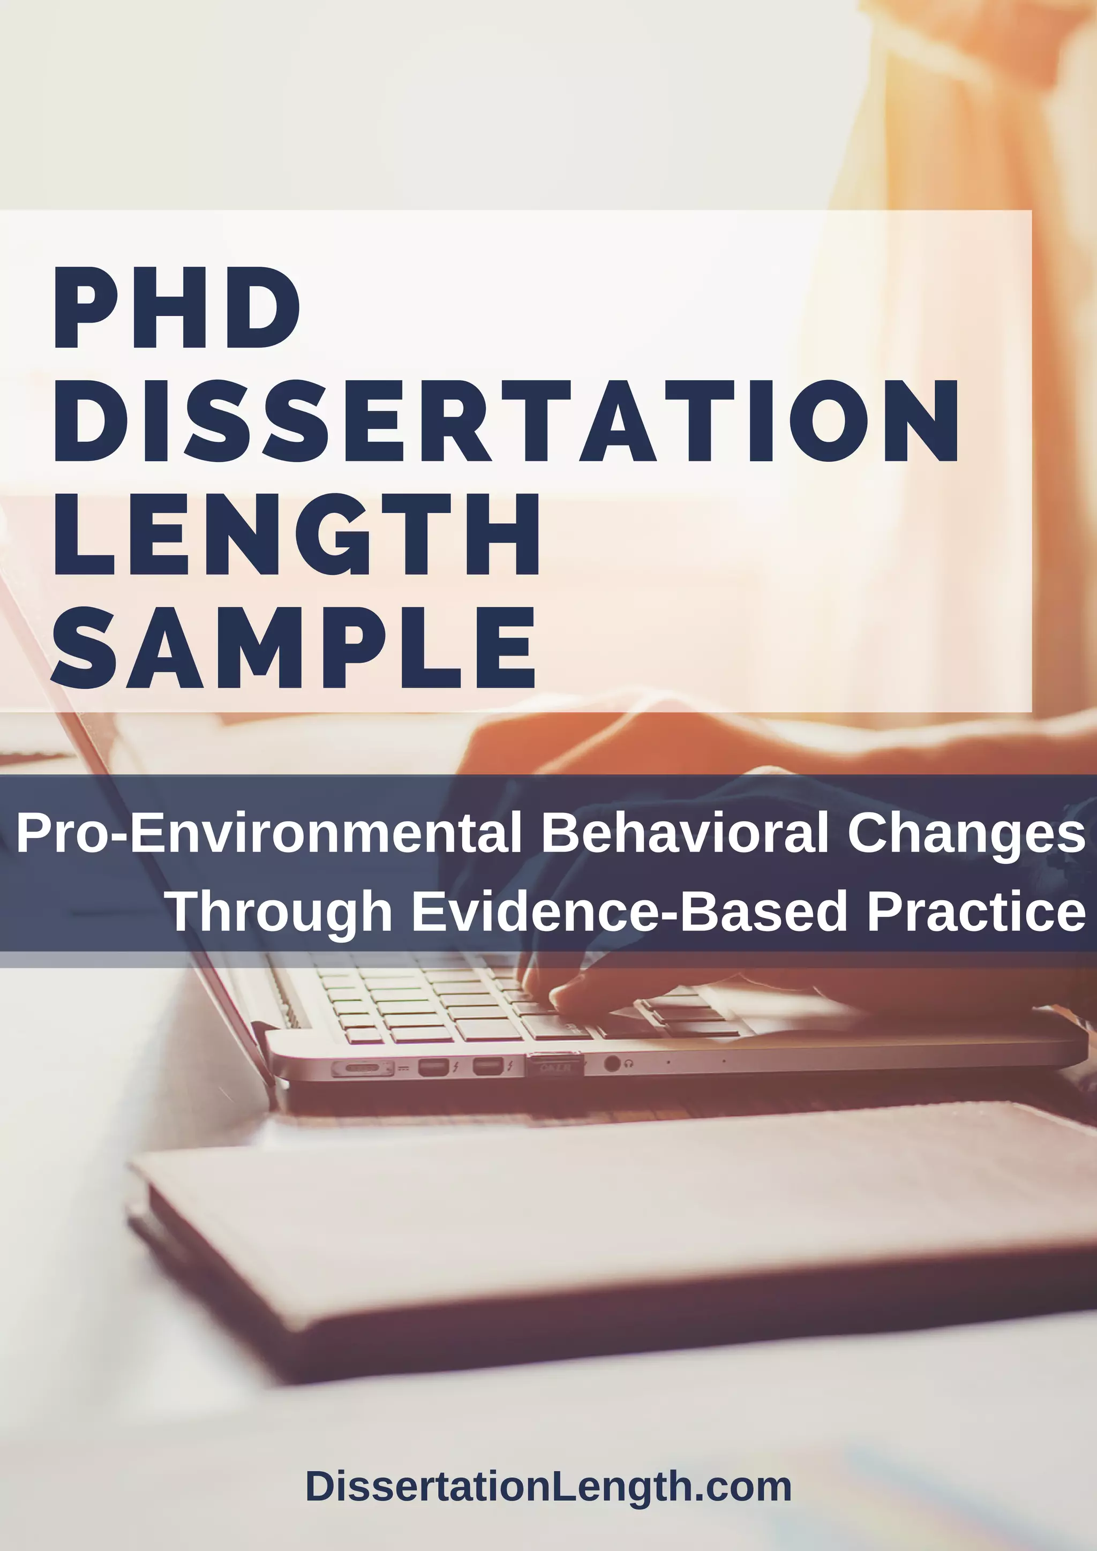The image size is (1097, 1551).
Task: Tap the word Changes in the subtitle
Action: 966,833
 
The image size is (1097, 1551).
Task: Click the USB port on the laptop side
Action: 554,1066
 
